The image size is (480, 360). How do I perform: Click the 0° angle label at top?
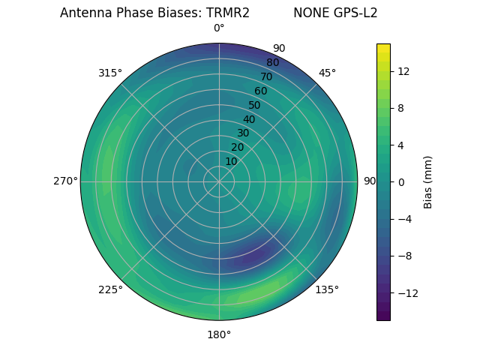219,28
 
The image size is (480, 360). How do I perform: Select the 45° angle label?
327,73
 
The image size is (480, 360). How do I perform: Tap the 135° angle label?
327,289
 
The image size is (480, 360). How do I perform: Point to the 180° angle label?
219,334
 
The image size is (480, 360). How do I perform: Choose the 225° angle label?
110,289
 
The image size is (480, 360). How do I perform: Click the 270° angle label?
65,181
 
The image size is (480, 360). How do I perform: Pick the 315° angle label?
110,73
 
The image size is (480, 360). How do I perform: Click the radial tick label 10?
232,160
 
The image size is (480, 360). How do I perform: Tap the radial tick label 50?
255,105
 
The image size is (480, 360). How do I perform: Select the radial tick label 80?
273,62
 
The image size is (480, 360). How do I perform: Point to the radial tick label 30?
244,133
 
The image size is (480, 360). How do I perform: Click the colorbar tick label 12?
403,71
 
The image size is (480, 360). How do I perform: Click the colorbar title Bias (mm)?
428,181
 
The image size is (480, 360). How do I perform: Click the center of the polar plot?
219,181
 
